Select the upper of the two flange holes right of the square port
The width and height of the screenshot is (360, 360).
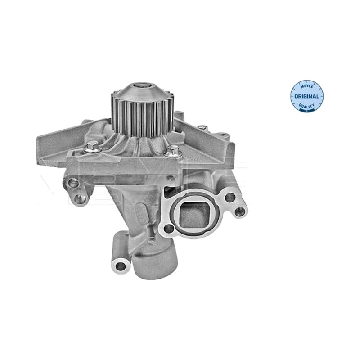point(230,197)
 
